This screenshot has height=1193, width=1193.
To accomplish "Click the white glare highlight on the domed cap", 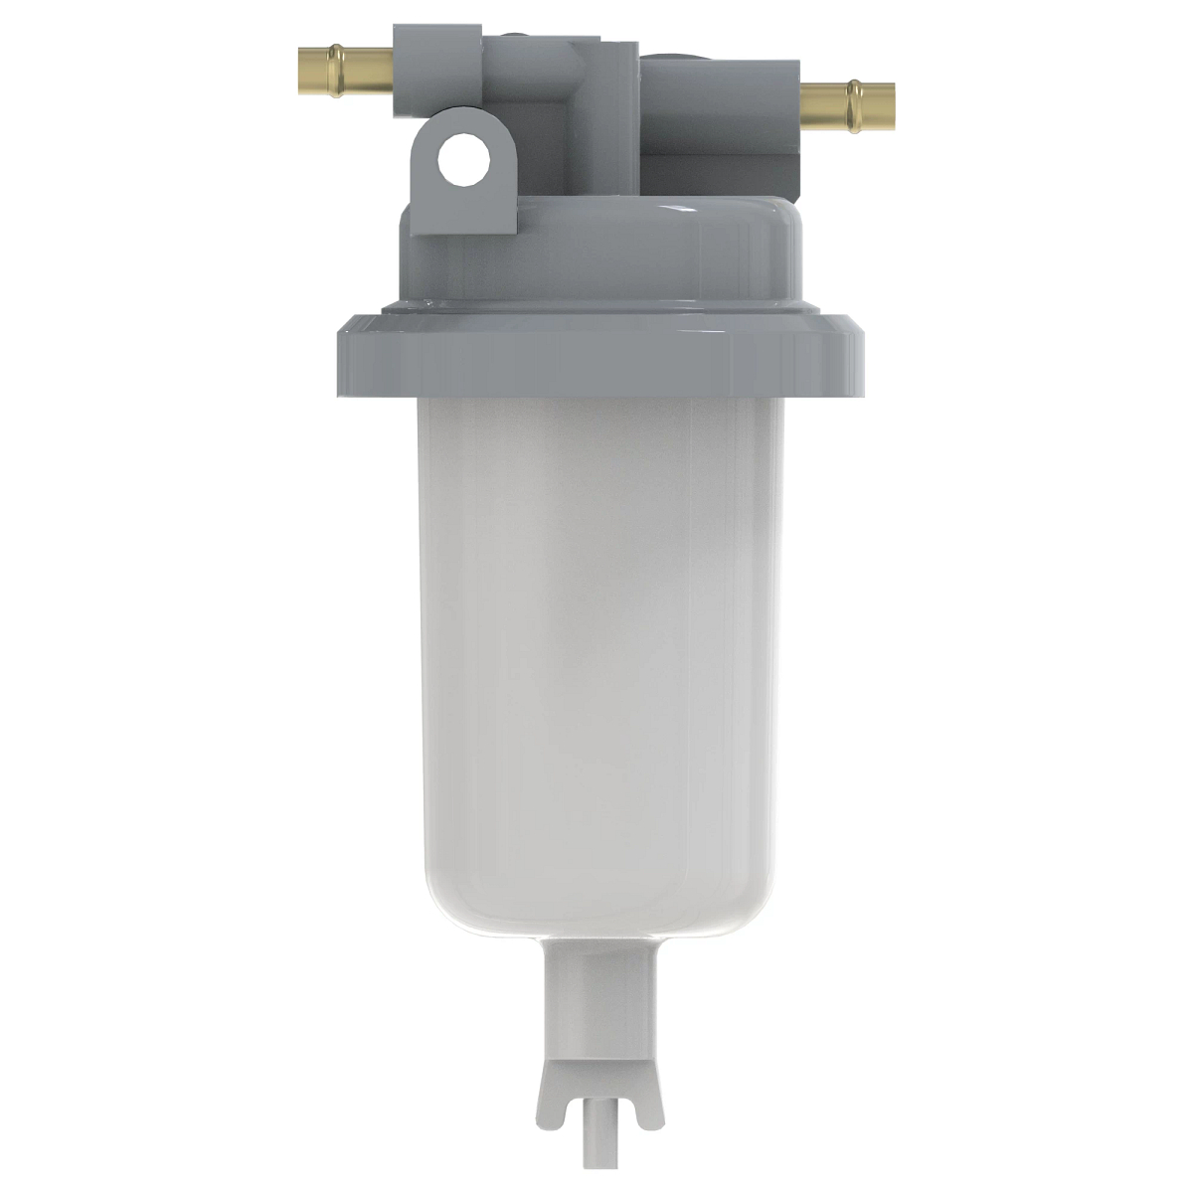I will pos(686,210).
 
